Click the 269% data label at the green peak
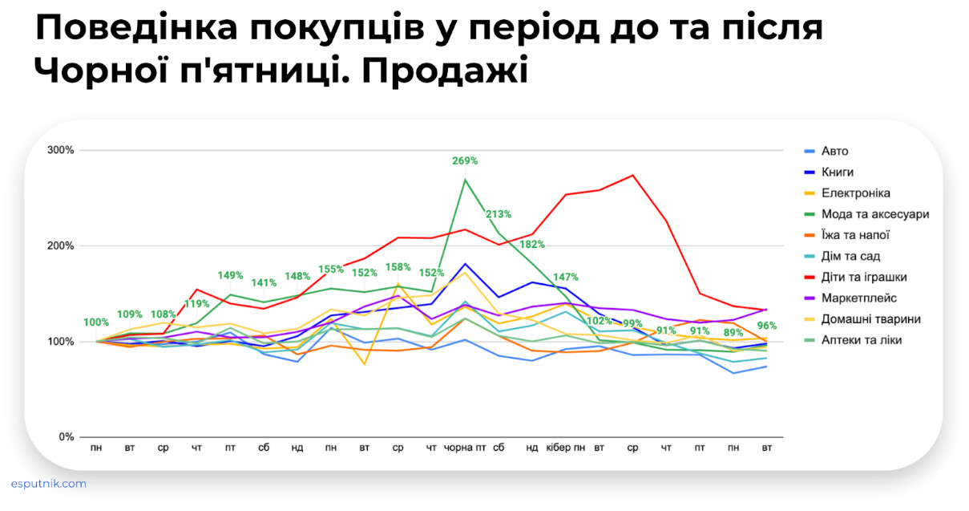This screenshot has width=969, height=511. click(465, 160)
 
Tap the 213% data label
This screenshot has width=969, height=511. click(498, 214)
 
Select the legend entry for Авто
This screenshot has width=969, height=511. click(834, 151)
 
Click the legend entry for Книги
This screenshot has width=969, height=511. click(838, 172)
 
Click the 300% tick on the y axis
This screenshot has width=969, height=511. click(61, 150)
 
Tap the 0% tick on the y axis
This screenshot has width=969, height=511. click(67, 437)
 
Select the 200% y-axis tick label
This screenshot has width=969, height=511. click(61, 245)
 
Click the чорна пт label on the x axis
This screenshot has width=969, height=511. click(466, 448)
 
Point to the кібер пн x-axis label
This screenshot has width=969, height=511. click(566, 448)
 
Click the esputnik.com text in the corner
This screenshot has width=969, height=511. click(49, 484)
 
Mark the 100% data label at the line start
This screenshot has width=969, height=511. click(96, 322)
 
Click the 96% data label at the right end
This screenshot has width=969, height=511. click(767, 326)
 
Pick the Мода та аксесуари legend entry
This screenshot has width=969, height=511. click(875, 214)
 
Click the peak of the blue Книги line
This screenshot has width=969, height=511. click(466, 263)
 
